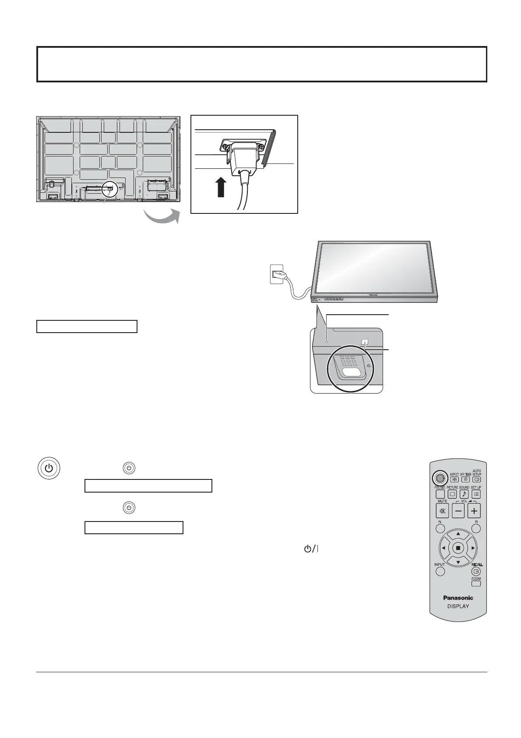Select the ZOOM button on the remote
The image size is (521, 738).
tap(476, 583)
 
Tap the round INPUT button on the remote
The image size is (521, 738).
tap(440, 571)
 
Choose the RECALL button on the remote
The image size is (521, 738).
tap(476, 571)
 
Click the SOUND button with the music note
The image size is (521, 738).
tap(464, 494)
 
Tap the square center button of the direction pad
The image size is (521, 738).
tap(458, 548)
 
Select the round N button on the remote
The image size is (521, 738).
tap(440, 529)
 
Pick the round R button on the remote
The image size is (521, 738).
tap(476, 529)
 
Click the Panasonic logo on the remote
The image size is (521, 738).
tap(458, 597)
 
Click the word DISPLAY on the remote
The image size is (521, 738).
tap(458, 607)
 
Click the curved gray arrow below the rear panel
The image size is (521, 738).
tap(162, 216)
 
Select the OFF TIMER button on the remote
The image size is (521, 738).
tap(465, 479)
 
